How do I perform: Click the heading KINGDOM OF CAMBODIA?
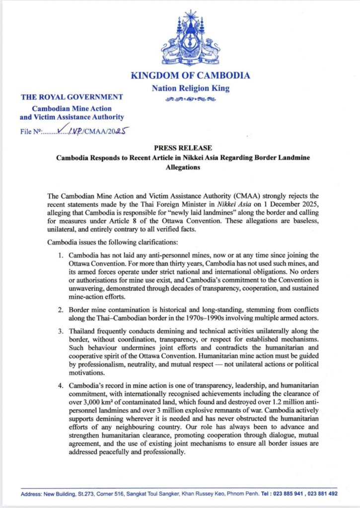190,76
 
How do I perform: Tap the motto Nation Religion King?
190,89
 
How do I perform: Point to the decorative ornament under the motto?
190,99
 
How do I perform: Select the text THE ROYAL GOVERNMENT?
72,97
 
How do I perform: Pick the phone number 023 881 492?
322,494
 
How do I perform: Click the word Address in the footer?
31,494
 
